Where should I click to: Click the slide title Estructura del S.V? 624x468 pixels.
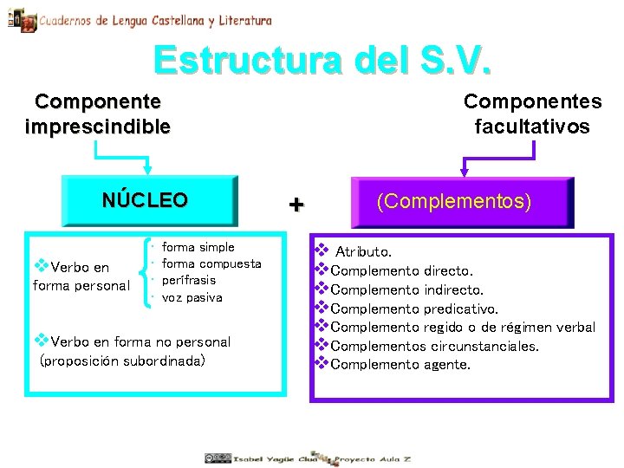point(322,62)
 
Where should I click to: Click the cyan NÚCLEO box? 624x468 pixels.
point(145,201)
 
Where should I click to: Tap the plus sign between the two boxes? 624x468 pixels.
point(296,205)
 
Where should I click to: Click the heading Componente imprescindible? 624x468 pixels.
point(97,114)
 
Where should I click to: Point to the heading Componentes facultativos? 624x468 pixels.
point(532,114)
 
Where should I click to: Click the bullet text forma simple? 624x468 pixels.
point(198,247)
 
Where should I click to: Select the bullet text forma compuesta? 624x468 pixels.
point(211,263)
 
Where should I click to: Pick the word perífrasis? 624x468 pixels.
point(189,280)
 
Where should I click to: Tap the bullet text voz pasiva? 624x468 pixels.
point(192,297)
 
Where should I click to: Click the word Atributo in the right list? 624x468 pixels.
point(363,252)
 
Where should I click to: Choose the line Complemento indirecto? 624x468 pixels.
point(406,289)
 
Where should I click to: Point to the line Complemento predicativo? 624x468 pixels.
point(414,309)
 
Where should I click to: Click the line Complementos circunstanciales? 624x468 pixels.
point(434,346)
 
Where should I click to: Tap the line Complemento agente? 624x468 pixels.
point(400,365)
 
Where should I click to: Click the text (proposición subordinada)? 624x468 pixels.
point(123,359)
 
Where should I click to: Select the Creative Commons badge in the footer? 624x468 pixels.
point(218,458)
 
